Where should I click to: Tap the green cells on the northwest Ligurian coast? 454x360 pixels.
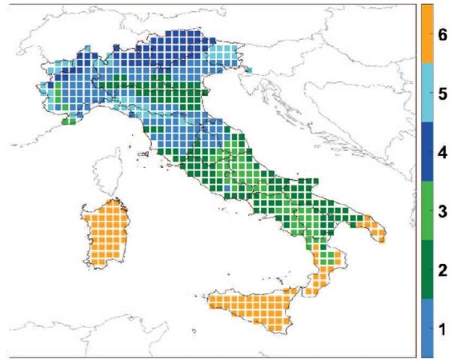(68, 120)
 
